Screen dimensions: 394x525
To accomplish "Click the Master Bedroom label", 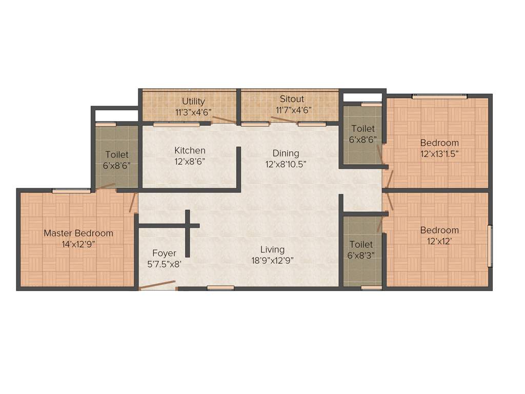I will [78, 233].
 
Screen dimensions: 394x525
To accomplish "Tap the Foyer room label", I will [164, 253].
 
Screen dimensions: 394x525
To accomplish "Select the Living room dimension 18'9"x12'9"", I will [272, 260].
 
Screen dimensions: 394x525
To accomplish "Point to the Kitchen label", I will [190, 150].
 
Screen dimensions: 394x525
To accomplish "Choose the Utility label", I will [193, 101].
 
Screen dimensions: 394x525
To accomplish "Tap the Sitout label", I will [292, 99].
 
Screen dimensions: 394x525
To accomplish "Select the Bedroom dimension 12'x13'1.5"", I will [439, 153].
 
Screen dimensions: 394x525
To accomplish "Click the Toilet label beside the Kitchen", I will [116, 154].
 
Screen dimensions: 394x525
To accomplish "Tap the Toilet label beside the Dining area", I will [362, 128].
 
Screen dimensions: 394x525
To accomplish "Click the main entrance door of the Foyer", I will [157, 285].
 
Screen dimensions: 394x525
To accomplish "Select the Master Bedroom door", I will [133, 202].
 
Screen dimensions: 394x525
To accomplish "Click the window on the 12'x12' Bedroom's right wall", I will [490, 246].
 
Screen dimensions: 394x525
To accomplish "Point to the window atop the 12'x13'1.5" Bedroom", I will [439, 96].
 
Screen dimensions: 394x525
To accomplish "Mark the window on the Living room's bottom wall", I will [220, 288].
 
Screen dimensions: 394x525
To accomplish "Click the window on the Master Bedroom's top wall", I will [71, 191].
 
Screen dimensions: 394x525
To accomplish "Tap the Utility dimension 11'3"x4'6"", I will [193, 111].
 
